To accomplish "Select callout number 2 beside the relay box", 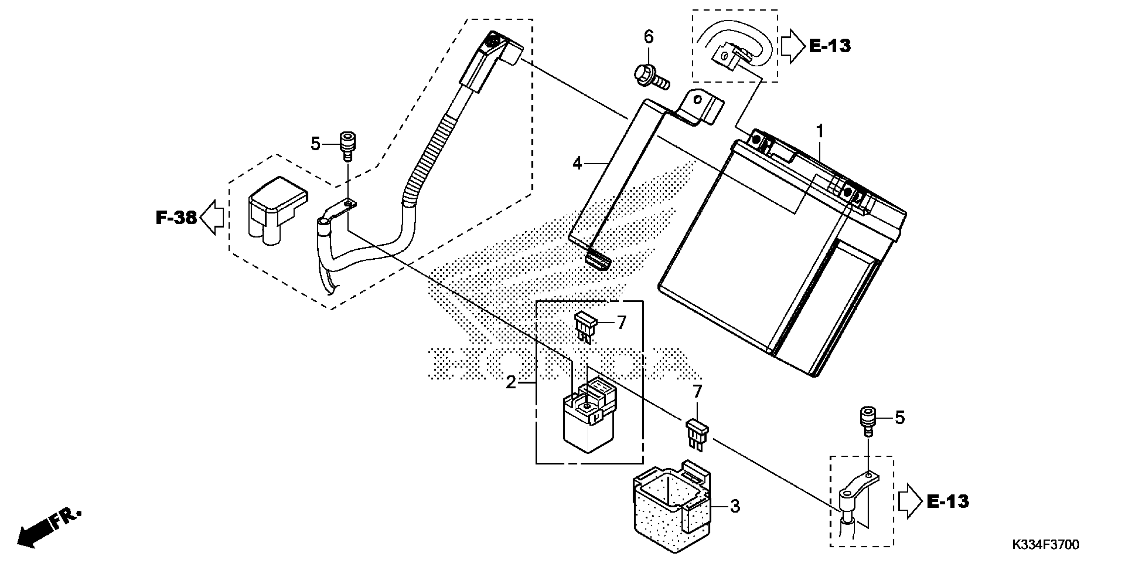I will coord(511,383).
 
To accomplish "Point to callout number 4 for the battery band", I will coord(577,164).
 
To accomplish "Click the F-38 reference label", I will coord(176,217).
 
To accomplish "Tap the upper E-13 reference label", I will coord(830,46).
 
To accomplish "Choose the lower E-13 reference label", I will coord(948,501).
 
